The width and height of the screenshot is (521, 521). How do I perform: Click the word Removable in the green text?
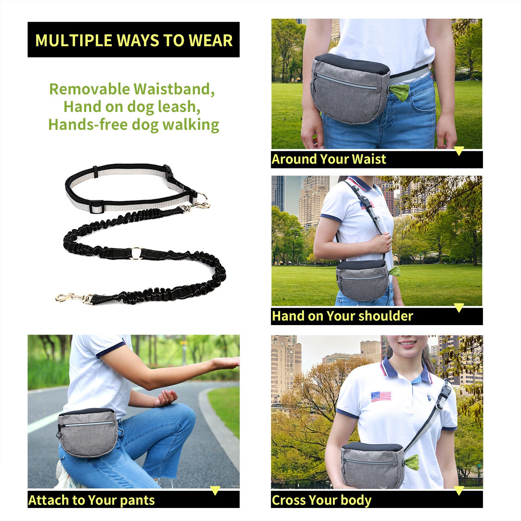[89, 89]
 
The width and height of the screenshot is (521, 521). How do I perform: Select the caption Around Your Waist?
[329, 159]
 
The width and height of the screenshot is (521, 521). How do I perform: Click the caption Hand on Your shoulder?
[342, 316]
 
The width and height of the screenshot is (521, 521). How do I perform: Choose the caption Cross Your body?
[321, 500]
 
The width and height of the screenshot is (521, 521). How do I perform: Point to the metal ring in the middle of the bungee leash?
[136, 253]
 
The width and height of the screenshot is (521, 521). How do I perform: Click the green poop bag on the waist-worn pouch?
[399, 92]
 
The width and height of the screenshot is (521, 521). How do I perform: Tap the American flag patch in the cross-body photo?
[381, 396]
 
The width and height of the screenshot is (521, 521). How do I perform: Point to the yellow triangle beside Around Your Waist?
[459, 151]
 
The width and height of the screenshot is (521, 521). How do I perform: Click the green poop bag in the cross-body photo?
[412, 462]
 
